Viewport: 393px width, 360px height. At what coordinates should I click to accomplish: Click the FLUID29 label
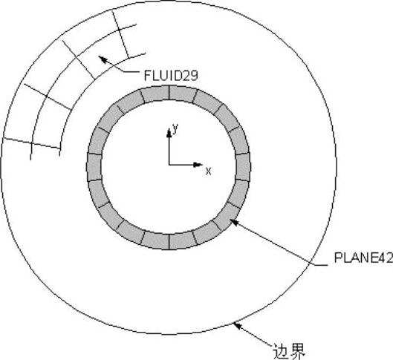pos(171,75)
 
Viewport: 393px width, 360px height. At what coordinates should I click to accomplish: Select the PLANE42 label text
pos(363,258)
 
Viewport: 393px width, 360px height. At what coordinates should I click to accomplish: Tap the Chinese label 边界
pos(289,351)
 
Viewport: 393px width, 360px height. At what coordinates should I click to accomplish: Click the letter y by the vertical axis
pos(175,128)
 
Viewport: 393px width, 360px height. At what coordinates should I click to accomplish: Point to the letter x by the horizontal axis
pos(208,171)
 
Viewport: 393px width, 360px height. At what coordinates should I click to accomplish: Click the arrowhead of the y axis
pos(169,133)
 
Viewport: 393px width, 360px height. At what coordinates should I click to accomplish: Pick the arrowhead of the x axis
pos(198,165)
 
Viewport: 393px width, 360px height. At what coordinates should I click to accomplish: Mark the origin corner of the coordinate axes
pos(169,165)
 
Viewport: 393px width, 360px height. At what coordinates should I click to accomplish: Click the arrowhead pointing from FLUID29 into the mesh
pos(103,59)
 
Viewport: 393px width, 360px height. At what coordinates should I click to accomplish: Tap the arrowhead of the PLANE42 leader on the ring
pos(234,222)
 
